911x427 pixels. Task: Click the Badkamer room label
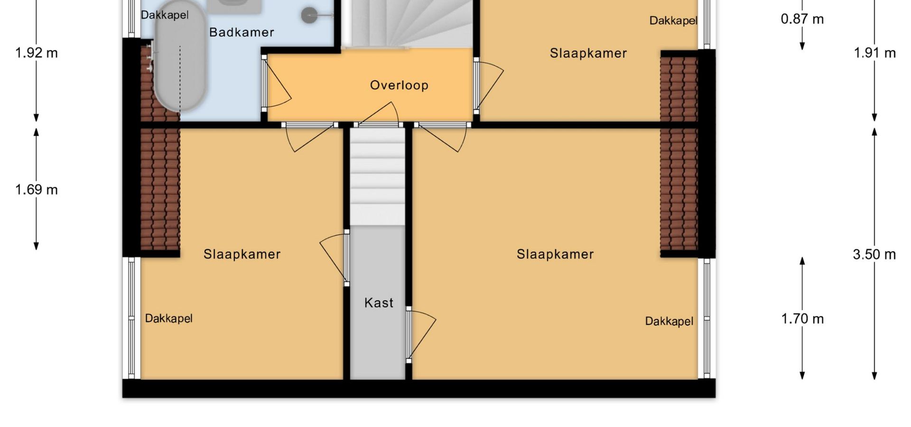pyautogui.click(x=242, y=32)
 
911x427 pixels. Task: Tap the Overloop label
pyautogui.click(x=399, y=85)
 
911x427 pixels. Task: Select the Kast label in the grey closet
pyautogui.click(x=379, y=303)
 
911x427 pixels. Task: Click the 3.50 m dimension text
pyautogui.click(x=874, y=254)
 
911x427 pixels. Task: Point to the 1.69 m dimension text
pyautogui.click(x=37, y=190)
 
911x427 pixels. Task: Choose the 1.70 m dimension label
pyautogui.click(x=802, y=318)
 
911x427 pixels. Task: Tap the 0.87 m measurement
pyautogui.click(x=802, y=19)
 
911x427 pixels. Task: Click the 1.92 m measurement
pyautogui.click(x=37, y=53)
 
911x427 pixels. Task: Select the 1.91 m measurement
pyautogui.click(x=875, y=53)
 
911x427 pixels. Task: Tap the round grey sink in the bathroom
pyautogui.click(x=310, y=15)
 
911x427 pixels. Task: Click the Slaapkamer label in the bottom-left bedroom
pyautogui.click(x=242, y=254)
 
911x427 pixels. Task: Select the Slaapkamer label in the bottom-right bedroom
pyautogui.click(x=555, y=254)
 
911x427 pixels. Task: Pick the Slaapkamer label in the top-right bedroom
pyautogui.click(x=588, y=53)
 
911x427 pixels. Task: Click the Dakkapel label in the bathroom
pyautogui.click(x=165, y=15)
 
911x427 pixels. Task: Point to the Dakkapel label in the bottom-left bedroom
pyautogui.click(x=168, y=318)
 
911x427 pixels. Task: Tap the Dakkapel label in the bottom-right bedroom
pyautogui.click(x=669, y=321)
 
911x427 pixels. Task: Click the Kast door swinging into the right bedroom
pyautogui.click(x=420, y=335)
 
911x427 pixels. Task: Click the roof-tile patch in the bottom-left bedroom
pyautogui.click(x=160, y=189)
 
